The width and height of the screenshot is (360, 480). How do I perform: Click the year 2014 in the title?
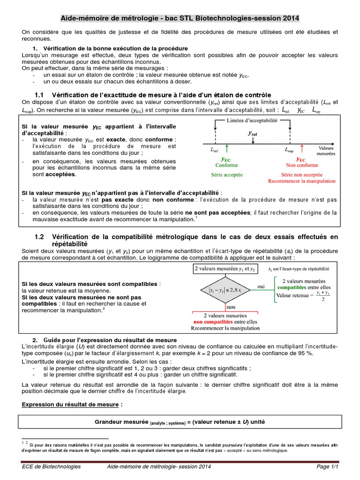tap(290, 18)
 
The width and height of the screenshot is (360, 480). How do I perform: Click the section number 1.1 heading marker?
tap(39, 95)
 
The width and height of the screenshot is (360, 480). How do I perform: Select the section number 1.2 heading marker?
tap(39, 237)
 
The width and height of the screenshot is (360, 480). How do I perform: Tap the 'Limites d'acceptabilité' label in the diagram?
tap(252, 120)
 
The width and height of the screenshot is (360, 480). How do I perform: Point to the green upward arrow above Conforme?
tap(227, 149)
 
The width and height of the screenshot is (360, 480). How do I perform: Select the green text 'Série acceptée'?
tap(226, 174)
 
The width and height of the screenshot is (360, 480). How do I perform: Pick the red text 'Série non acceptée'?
tap(302, 174)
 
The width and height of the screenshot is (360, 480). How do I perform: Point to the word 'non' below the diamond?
tap(231, 307)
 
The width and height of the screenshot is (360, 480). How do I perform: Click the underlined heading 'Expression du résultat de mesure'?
tap(72, 404)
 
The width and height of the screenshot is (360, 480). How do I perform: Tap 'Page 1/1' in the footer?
tap(327, 466)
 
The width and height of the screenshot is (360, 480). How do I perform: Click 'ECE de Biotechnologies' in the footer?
tap(51, 466)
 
